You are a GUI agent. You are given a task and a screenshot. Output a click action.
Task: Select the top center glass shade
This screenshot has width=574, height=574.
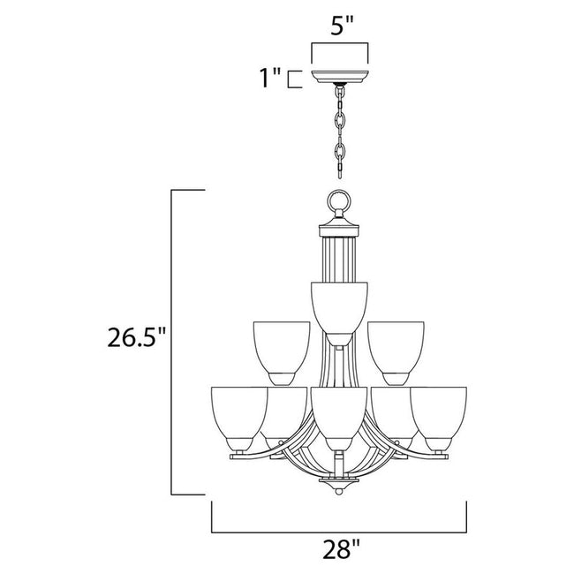point(339,305)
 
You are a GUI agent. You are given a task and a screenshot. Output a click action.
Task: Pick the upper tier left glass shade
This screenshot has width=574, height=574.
point(281,349)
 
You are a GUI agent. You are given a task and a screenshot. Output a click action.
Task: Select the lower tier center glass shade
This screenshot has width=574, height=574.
point(339,412)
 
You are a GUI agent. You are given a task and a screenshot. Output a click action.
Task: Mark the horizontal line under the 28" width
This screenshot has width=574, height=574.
point(339,532)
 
